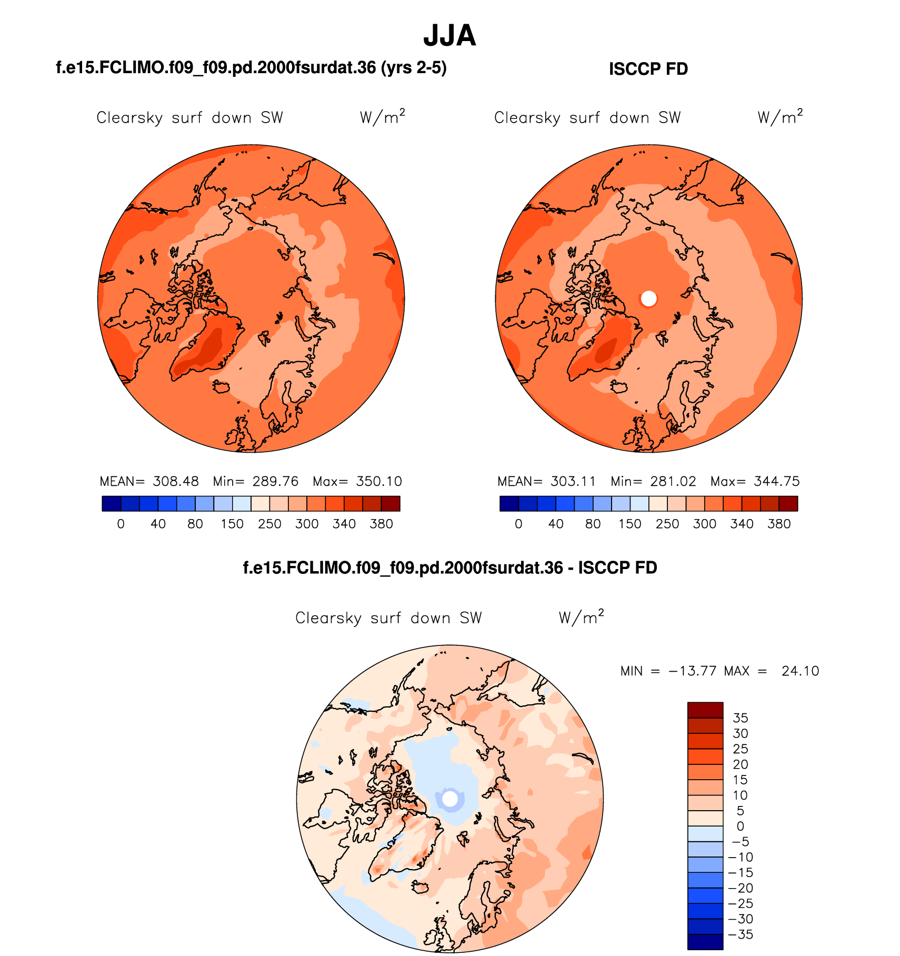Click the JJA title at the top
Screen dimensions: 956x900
point(449,36)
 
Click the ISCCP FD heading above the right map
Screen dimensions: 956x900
point(648,69)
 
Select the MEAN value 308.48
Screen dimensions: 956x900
point(176,481)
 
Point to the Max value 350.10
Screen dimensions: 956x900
point(379,481)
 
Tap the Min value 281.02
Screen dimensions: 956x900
point(673,481)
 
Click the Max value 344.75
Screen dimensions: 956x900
point(777,481)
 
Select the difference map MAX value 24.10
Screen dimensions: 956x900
point(800,671)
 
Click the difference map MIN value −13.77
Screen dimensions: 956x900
point(692,671)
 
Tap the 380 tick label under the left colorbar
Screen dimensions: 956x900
point(381,524)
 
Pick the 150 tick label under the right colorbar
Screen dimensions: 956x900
point(629,524)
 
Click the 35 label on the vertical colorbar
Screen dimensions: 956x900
point(740,718)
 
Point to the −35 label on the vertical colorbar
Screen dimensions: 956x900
point(740,934)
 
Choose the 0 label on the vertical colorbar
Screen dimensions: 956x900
point(740,826)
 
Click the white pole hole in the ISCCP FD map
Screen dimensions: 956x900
point(649,298)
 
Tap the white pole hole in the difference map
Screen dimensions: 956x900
point(449,799)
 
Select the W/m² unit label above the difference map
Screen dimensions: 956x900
point(581,617)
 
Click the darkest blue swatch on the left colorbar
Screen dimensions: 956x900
point(112,504)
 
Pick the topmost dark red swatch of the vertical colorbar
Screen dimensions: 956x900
point(705,710)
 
